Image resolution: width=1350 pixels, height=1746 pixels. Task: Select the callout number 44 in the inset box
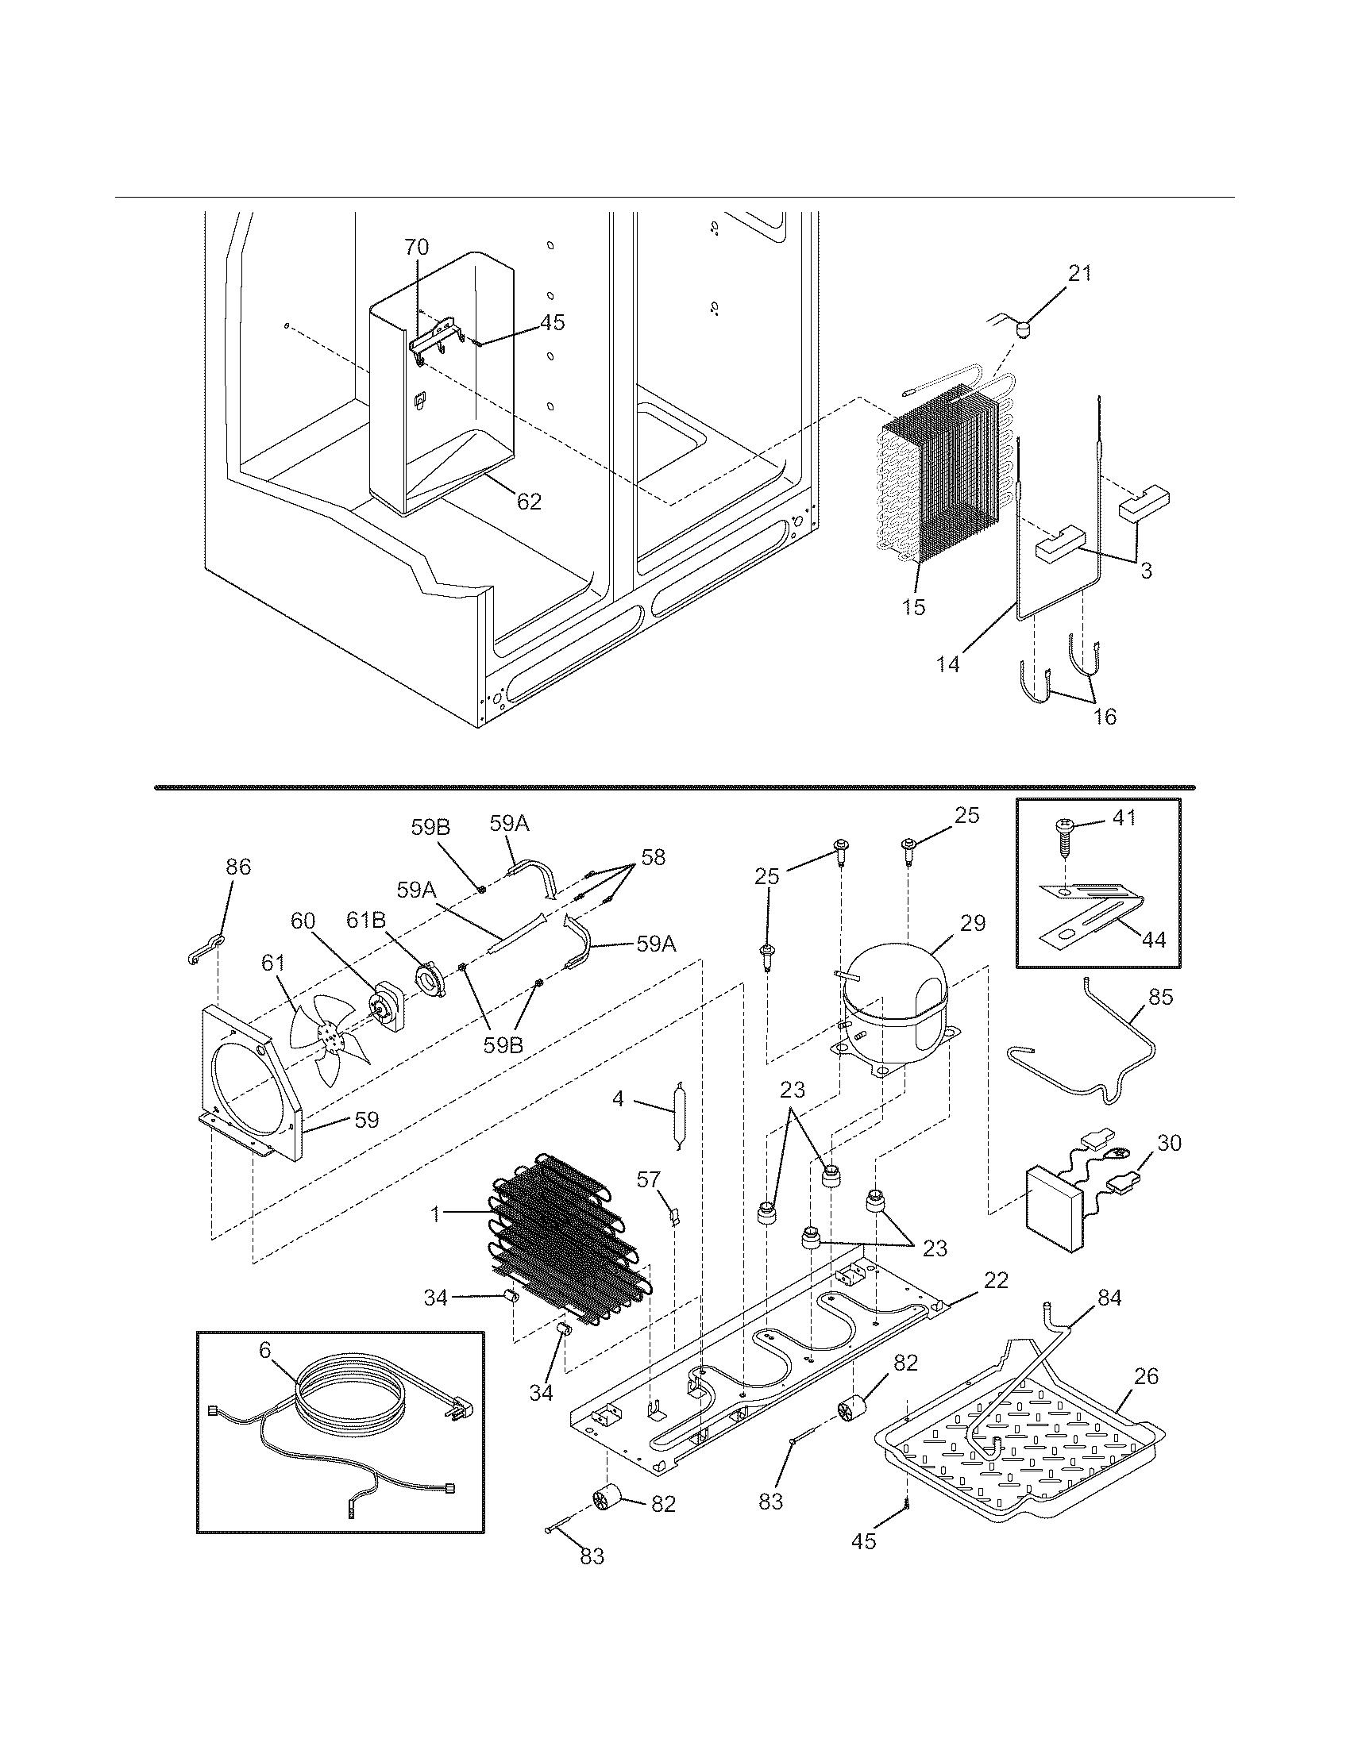1153,940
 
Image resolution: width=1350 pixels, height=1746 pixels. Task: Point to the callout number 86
238,867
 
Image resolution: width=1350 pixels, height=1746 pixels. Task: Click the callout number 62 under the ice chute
529,502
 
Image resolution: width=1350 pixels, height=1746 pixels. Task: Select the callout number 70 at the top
416,248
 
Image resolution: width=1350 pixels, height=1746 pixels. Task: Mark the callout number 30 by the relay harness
1168,1143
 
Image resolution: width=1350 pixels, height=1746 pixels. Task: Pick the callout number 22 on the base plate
996,1280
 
